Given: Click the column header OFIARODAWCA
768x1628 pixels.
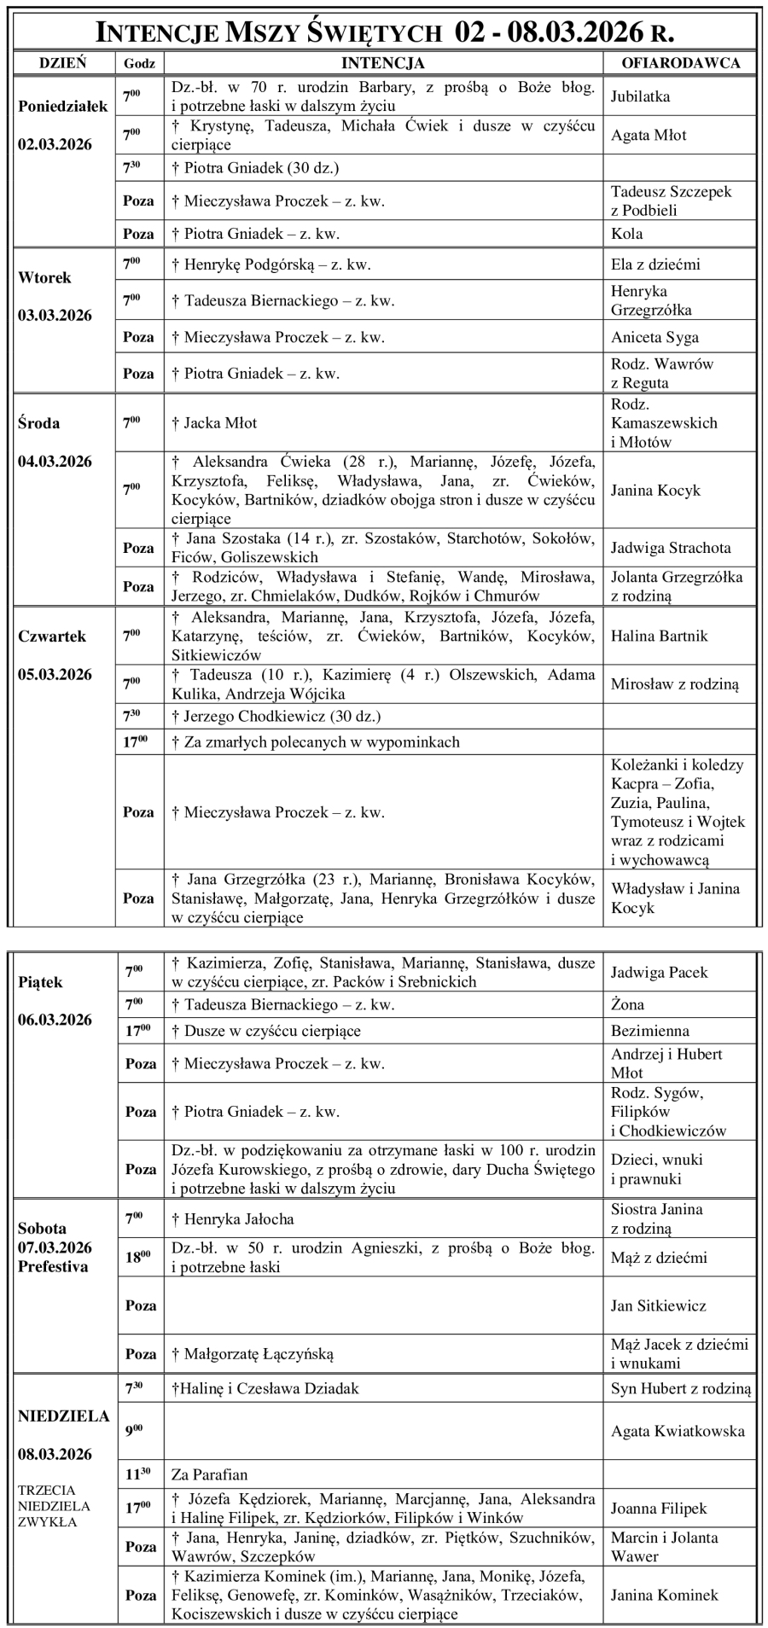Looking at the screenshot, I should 680,62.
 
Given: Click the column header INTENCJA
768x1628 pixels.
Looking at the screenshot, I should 383,62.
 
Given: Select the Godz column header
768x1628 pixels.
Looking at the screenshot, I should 139,63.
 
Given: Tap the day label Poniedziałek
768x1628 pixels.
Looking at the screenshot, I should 63,107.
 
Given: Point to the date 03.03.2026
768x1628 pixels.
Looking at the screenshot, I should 55,316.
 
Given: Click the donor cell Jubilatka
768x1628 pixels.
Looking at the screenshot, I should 640,96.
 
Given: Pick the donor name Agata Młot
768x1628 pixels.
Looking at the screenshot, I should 649,135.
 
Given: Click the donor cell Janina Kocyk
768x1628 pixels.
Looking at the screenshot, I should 655,490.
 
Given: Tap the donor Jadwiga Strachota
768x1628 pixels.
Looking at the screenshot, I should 671,548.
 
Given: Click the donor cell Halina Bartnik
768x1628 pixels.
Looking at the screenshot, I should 659,636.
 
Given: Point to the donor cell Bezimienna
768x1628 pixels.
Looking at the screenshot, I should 650,1031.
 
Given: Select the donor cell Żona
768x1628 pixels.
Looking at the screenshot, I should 628,1004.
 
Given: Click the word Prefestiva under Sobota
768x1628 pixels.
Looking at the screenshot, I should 53,1266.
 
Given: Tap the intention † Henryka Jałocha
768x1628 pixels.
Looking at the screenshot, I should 232,1219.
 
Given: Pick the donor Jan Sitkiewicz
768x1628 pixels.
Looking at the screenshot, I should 659,1305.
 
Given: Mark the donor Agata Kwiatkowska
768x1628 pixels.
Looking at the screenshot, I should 678,1431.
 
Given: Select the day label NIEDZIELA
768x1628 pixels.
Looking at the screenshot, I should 64,1416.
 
